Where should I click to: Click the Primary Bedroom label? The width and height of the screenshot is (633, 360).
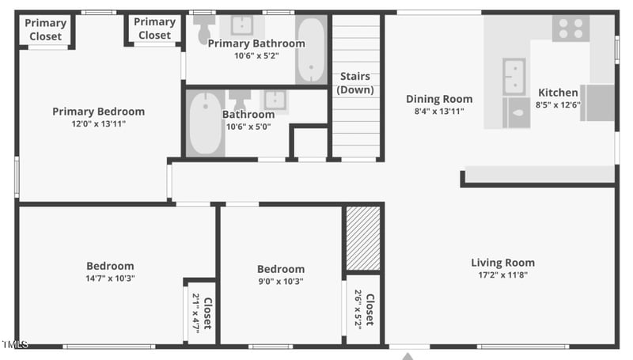tap(99, 112)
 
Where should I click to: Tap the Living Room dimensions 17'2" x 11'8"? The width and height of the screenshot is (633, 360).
tap(502, 275)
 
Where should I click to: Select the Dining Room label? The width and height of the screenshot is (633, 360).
tap(439, 99)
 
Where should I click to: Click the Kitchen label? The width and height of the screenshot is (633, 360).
tap(558, 93)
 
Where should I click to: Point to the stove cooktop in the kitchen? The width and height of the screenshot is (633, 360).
tap(570, 28)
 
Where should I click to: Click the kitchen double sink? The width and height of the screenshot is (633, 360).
tap(514, 76)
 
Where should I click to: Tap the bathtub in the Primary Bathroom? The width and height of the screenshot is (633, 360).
tap(311, 49)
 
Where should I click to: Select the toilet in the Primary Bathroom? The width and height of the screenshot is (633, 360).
tap(204, 28)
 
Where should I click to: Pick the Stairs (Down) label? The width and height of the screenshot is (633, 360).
tap(356, 83)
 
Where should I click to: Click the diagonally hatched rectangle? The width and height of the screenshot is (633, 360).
tap(363, 238)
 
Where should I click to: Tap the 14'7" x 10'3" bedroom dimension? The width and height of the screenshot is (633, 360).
tap(110, 279)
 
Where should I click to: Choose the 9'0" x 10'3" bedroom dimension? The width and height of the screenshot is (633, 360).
tap(281, 281)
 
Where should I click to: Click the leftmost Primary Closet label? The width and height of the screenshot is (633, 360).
tap(45, 30)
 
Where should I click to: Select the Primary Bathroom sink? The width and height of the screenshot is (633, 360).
tap(241, 25)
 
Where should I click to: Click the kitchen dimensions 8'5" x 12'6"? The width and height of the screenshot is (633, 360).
tap(558, 104)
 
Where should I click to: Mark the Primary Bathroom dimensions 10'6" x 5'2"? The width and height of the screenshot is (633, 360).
tap(256, 55)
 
